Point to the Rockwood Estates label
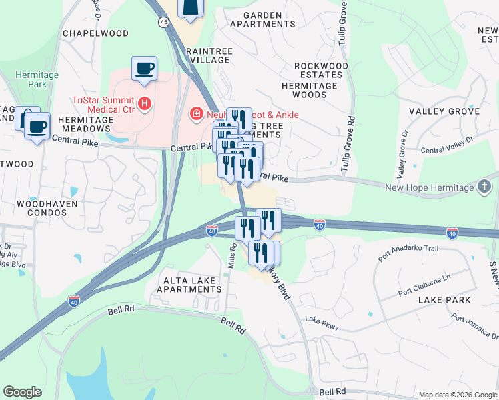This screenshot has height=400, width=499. coord(322,71)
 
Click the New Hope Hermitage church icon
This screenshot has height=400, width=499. coord(485,187)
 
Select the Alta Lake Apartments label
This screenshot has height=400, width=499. coord(189,285)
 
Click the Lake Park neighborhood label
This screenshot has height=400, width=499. coord(444,300)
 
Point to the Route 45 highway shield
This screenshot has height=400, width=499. coord(164,22)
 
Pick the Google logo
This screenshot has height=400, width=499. coord(22,392)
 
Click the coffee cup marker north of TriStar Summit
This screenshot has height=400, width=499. coord(144,68)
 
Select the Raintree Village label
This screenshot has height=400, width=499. coord(210,55)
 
